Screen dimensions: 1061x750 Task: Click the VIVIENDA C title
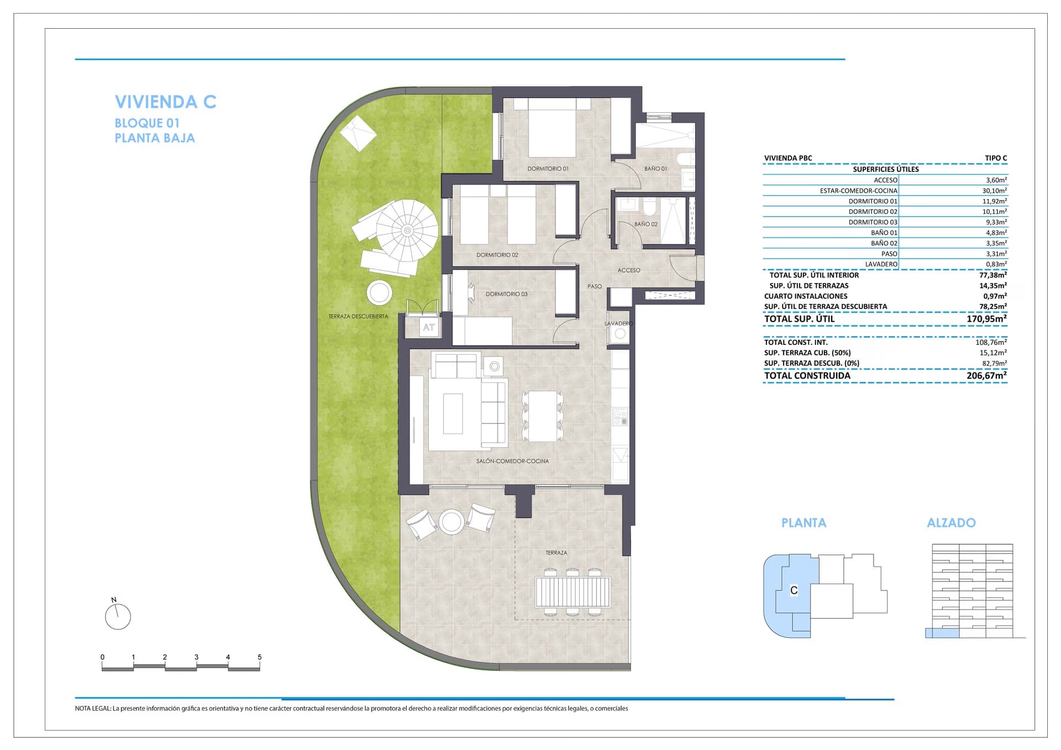click(x=165, y=102)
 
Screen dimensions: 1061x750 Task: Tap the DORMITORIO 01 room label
click(x=548, y=169)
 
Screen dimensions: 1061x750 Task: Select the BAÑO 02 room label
click(x=646, y=224)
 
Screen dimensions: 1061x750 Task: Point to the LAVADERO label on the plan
click(x=618, y=323)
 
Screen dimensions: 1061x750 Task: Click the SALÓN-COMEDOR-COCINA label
click(x=513, y=461)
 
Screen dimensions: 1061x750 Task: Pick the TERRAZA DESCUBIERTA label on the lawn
click(x=358, y=317)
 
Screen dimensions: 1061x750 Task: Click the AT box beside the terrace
click(x=429, y=327)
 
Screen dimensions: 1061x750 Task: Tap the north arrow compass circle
click(x=118, y=616)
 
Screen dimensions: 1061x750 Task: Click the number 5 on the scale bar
click(x=260, y=657)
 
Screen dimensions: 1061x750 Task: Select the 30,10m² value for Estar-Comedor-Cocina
click(x=994, y=191)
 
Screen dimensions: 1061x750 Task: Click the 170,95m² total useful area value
click(x=986, y=319)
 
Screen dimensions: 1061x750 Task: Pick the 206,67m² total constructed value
click(x=986, y=376)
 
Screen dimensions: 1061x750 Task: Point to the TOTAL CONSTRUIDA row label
click(x=807, y=376)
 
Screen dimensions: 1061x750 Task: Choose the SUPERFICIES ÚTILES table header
click(x=885, y=169)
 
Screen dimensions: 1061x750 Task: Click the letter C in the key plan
click(x=794, y=590)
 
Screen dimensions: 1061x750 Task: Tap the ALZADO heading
click(x=951, y=523)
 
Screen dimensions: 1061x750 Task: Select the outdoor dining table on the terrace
click(x=572, y=592)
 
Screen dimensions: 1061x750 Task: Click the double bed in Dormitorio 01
click(x=551, y=128)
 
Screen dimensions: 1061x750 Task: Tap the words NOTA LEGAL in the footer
click(x=93, y=709)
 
